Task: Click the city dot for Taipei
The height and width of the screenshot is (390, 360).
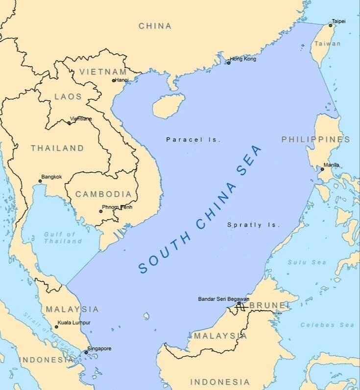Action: (330, 25)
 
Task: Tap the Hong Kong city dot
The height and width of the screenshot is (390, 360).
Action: (228, 63)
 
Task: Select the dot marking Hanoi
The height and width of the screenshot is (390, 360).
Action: (114, 80)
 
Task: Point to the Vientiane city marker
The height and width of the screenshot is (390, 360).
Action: (69, 123)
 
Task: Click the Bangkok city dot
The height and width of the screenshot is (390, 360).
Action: (40, 182)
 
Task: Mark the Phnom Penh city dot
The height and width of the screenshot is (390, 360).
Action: (101, 211)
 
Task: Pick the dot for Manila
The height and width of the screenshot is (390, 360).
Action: (322, 169)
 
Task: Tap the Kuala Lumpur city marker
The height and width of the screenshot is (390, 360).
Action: (56, 327)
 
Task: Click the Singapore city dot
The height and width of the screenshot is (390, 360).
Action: (86, 352)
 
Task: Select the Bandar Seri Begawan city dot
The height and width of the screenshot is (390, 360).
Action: (239, 303)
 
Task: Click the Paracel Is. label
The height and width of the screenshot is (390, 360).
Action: (193, 139)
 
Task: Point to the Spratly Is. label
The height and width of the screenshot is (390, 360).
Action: (254, 225)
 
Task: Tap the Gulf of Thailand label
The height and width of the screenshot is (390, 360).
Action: (63, 238)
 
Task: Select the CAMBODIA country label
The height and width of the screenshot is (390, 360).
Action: (103, 194)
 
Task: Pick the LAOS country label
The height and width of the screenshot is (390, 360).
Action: (68, 96)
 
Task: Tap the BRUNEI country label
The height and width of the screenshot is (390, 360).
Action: (267, 305)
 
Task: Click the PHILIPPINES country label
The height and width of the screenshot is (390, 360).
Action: (315, 139)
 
